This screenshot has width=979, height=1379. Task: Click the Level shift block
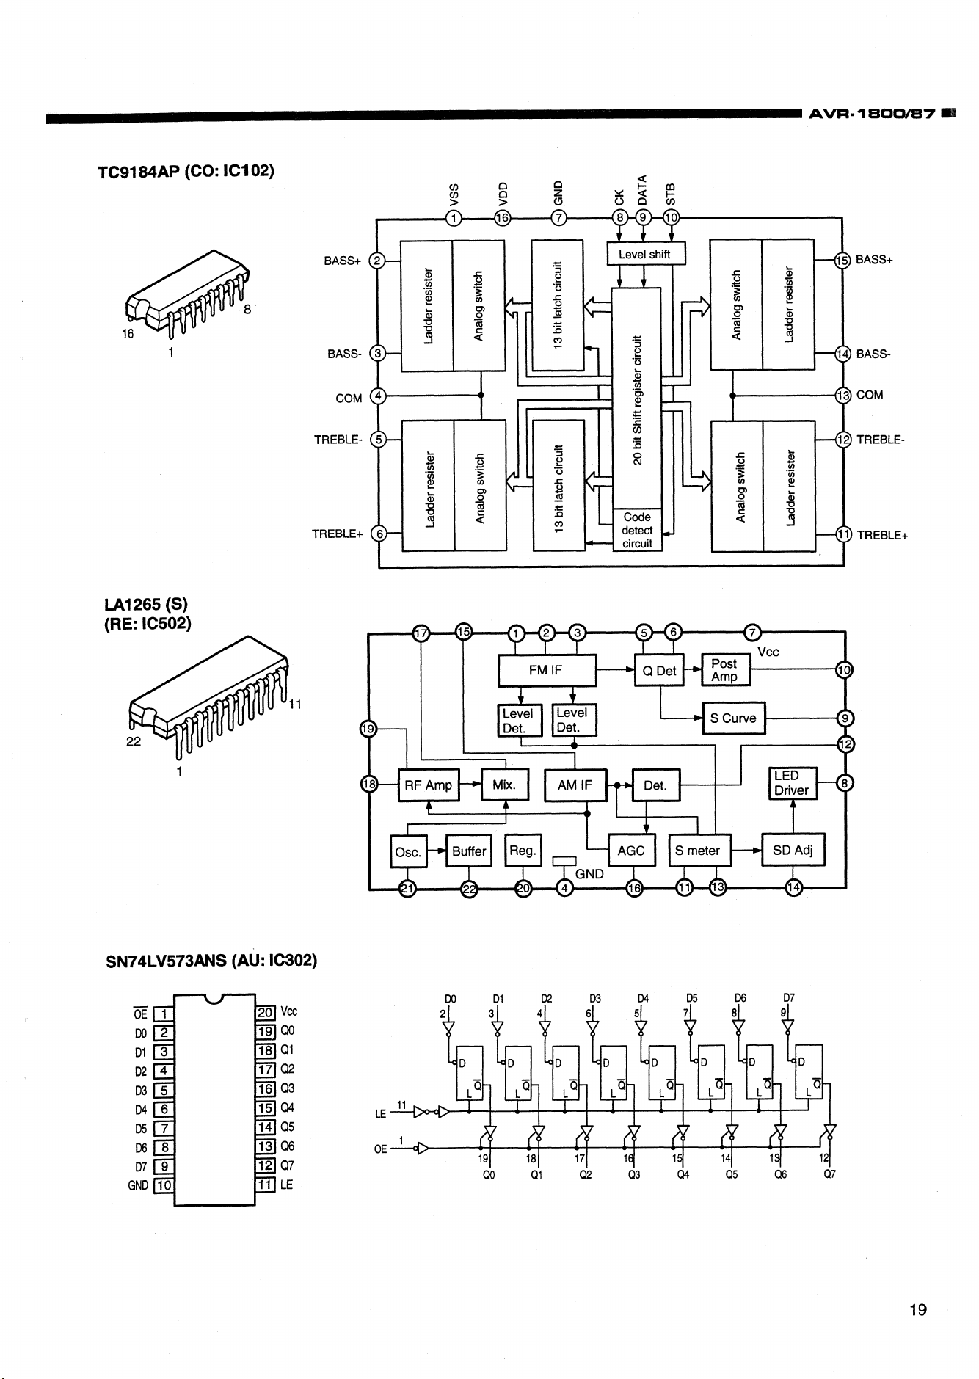tap(646, 254)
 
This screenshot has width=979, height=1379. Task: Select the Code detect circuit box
tap(637, 530)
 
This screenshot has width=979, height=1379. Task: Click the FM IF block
tap(547, 670)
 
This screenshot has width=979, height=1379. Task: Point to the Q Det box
tap(659, 670)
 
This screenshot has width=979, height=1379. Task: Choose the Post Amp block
tap(726, 670)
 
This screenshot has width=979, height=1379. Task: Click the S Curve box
tap(734, 718)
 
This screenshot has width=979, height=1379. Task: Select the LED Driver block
tap(792, 783)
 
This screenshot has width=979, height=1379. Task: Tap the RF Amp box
tap(429, 785)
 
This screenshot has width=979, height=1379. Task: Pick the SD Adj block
tap(793, 851)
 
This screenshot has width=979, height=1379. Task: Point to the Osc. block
tap(408, 851)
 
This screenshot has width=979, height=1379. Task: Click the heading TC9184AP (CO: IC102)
tap(186, 171)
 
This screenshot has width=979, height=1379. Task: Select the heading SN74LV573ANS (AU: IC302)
tap(211, 961)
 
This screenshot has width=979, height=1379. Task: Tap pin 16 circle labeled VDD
tap(503, 218)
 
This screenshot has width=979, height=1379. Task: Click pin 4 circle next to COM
tap(378, 397)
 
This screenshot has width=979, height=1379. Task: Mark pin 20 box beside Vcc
tap(264, 1014)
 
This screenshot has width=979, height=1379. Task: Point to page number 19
tap(918, 1309)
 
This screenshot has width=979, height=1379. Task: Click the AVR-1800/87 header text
tap(872, 114)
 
